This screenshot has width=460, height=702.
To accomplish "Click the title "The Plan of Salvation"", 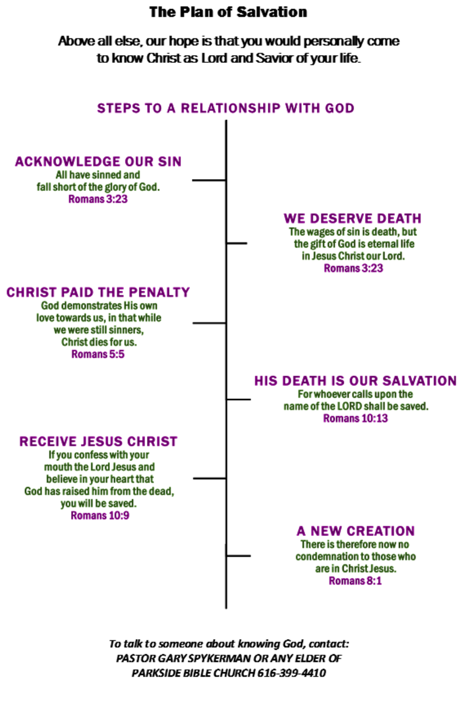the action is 228,12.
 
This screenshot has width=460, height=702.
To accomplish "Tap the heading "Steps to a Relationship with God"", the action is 226,109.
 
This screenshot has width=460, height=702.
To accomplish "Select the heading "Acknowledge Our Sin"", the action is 98,162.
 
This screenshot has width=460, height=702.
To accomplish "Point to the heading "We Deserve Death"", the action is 353,218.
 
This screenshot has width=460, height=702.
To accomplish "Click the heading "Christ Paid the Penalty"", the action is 98,292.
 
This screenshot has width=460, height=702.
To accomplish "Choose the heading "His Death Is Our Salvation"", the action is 356,381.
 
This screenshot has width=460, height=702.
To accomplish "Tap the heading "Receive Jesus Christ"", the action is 98,442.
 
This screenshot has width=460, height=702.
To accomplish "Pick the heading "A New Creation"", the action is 356,531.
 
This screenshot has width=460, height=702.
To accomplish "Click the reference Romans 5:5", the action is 98,355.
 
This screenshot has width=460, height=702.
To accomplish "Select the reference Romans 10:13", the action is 356,419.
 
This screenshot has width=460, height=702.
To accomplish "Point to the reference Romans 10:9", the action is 100,516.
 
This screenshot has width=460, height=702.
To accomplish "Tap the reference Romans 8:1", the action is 356,581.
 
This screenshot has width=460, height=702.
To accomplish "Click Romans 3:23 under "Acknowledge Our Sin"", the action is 98,199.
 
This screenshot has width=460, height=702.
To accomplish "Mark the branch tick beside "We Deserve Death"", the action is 237,243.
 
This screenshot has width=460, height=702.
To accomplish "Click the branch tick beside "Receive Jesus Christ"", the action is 210,478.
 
